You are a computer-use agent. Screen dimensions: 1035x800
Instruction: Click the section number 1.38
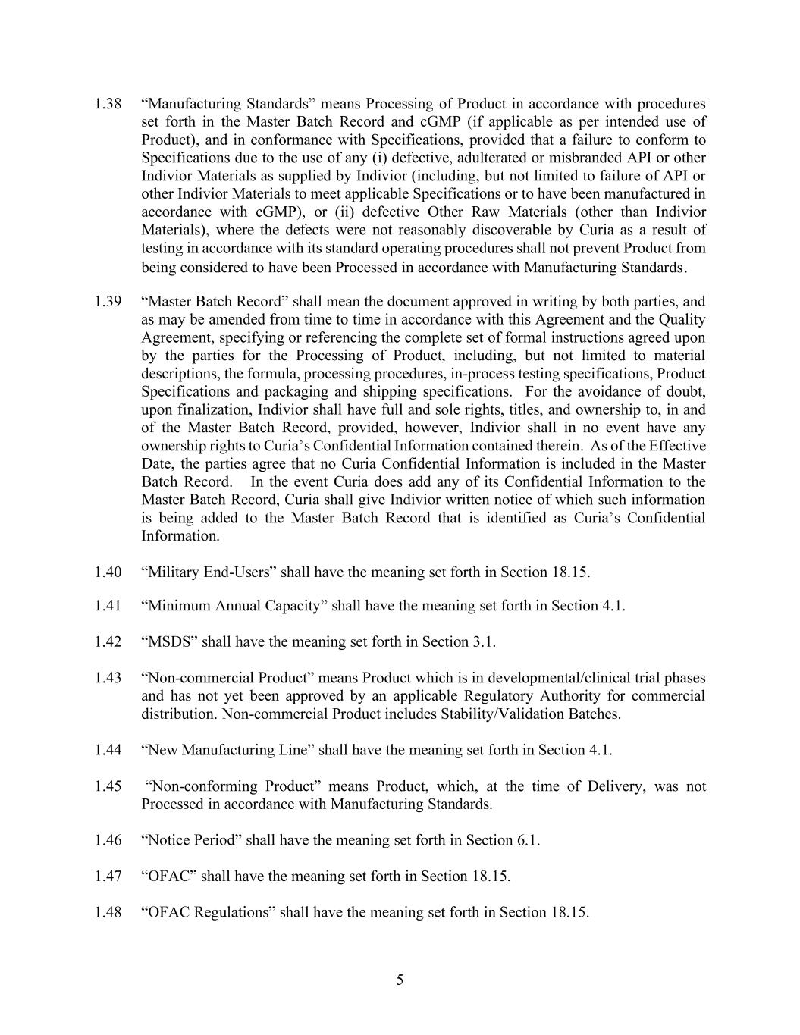click(x=108, y=104)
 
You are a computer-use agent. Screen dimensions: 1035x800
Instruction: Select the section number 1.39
click(x=108, y=302)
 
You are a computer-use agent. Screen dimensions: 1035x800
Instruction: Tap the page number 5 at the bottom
click(x=400, y=980)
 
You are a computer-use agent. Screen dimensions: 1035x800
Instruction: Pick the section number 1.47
click(x=108, y=877)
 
